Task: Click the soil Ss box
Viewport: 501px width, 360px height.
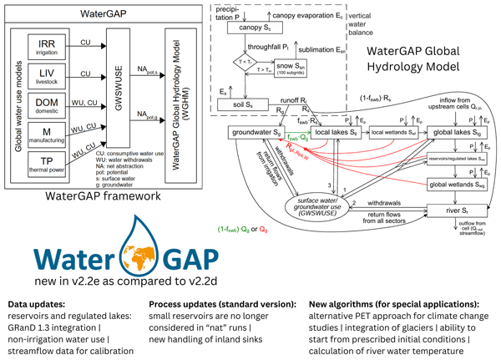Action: coord(240,105)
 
